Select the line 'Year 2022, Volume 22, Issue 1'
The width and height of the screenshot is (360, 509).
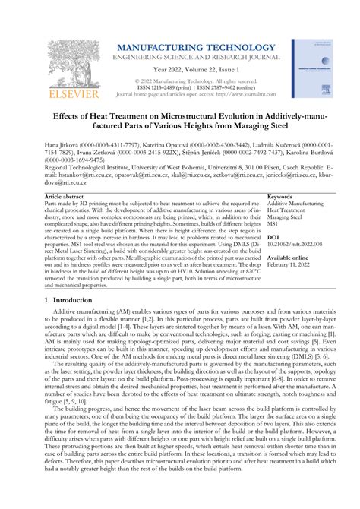(x=197, y=69)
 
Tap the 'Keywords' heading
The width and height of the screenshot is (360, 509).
(x=281, y=197)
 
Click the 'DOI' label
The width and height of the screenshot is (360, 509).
(x=273, y=237)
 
